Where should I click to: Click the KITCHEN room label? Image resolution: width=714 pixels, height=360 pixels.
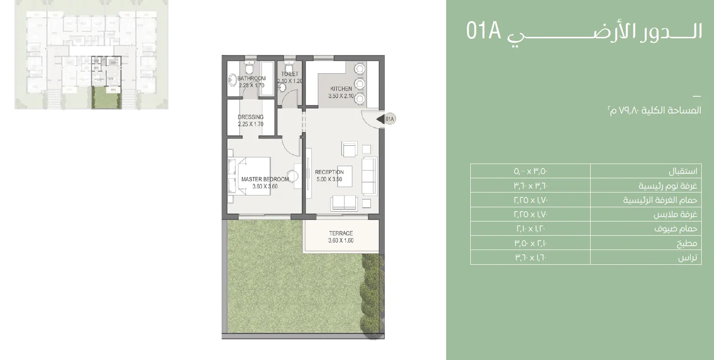click(x=341, y=89)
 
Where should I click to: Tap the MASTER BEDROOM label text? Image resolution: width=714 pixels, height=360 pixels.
click(x=265, y=179)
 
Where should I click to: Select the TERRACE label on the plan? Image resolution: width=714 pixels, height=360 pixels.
click(x=341, y=233)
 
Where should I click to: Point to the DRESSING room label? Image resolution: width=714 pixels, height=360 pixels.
click(x=251, y=117)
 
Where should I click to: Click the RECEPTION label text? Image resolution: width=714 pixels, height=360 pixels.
click(x=329, y=172)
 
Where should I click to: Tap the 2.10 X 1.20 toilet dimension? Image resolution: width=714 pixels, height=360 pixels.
click(x=290, y=81)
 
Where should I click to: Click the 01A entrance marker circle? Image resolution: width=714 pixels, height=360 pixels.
click(x=390, y=118)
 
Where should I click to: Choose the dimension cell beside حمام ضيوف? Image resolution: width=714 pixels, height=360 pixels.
click(x=530, y=229)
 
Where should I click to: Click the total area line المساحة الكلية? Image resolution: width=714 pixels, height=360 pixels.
click(x=654, y=111)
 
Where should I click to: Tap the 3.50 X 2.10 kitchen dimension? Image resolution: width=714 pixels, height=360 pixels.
click(x=341, y=96)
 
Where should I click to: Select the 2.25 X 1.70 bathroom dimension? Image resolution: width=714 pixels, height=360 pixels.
click(x=252, y=85)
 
